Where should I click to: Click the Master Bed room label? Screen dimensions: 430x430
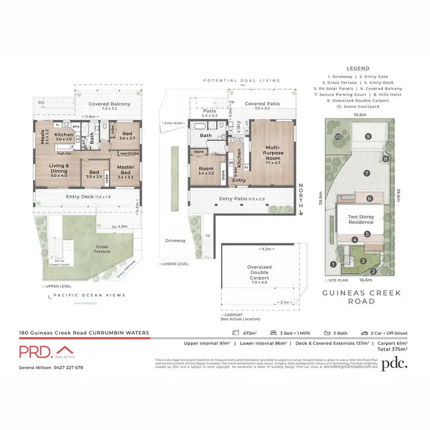point(126,170)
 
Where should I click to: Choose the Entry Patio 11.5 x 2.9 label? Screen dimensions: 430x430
point(241,199)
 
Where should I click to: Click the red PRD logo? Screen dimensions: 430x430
point(46,351)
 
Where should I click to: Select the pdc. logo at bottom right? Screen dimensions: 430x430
point(394,363)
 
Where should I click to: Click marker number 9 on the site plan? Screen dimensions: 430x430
point(368,136)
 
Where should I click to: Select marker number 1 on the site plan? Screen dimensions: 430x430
point(333,264)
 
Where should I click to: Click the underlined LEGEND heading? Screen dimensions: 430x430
point(358,68)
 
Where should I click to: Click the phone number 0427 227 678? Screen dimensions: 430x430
point(68,368)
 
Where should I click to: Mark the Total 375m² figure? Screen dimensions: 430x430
point(392,349)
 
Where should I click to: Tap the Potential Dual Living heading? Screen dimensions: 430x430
point(241,81)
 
